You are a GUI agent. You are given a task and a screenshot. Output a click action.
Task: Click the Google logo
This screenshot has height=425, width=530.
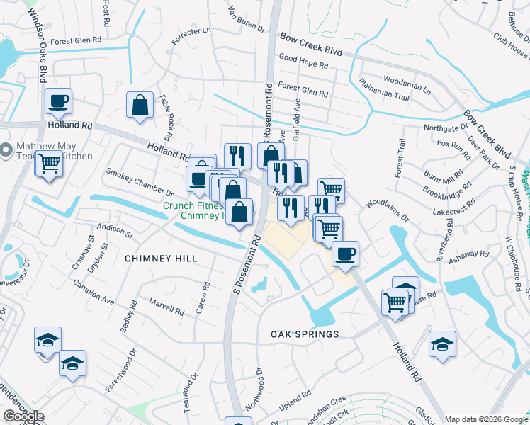pyautogui.click(x=24, y=417)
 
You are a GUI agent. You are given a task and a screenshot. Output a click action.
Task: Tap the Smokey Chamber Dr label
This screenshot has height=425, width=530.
pyautogui.click(x=140, y=182)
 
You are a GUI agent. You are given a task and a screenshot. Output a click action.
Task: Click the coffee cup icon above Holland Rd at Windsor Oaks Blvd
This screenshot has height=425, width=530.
pyautogui.click(x=58, y=101)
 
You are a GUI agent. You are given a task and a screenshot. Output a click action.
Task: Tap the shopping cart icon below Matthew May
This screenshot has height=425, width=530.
pyautogui.click(x=48, y=164)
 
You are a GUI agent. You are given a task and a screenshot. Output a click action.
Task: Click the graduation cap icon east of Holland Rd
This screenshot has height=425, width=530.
pyautogui.click(x=442, y=344)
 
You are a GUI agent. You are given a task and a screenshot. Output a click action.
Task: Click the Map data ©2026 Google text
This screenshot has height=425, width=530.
pyautogui.click(x=486, y=419)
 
